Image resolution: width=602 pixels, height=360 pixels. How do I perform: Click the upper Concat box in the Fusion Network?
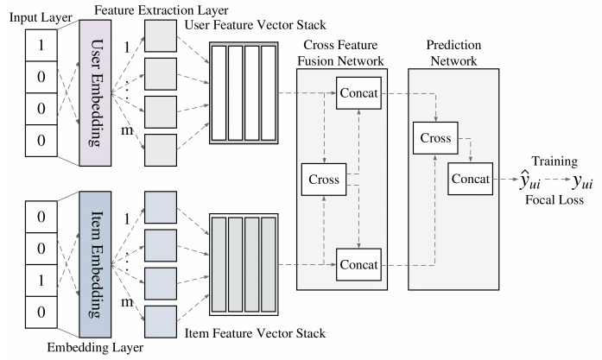point(359,91)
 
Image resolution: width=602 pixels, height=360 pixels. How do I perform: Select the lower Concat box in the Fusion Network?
point(359,260)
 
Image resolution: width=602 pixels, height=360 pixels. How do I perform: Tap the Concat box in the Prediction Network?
point(471,178)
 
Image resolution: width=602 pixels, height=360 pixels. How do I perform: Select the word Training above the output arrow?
point(553,161)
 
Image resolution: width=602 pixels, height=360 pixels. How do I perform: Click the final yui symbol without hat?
point(582,181)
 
